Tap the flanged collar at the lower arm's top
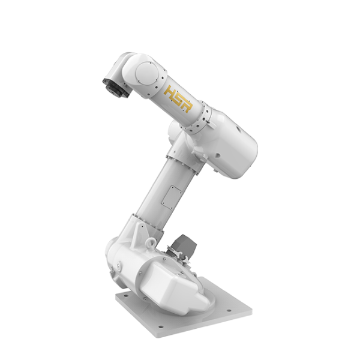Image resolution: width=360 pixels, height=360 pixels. pos(179,157)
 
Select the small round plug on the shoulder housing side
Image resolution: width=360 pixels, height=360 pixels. pos(119,265)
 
